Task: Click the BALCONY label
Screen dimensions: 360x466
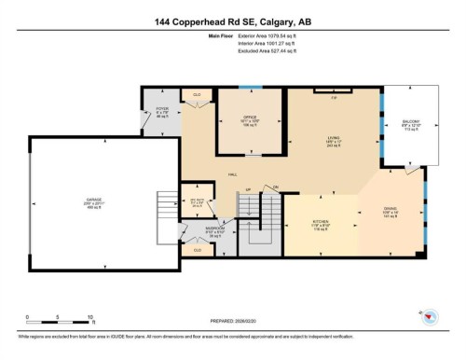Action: click(x=411, y=122)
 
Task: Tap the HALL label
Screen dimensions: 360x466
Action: click(x=231, y=174)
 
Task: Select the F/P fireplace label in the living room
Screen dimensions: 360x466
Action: click(x=333, y=95)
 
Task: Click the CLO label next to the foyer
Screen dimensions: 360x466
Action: click(x=198, y=95)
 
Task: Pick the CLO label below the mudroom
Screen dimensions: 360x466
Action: click(x=198, y=250)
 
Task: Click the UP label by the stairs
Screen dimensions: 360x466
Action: click(x=249, y=190)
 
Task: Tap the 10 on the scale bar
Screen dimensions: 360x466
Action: click(x=86, y=318)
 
